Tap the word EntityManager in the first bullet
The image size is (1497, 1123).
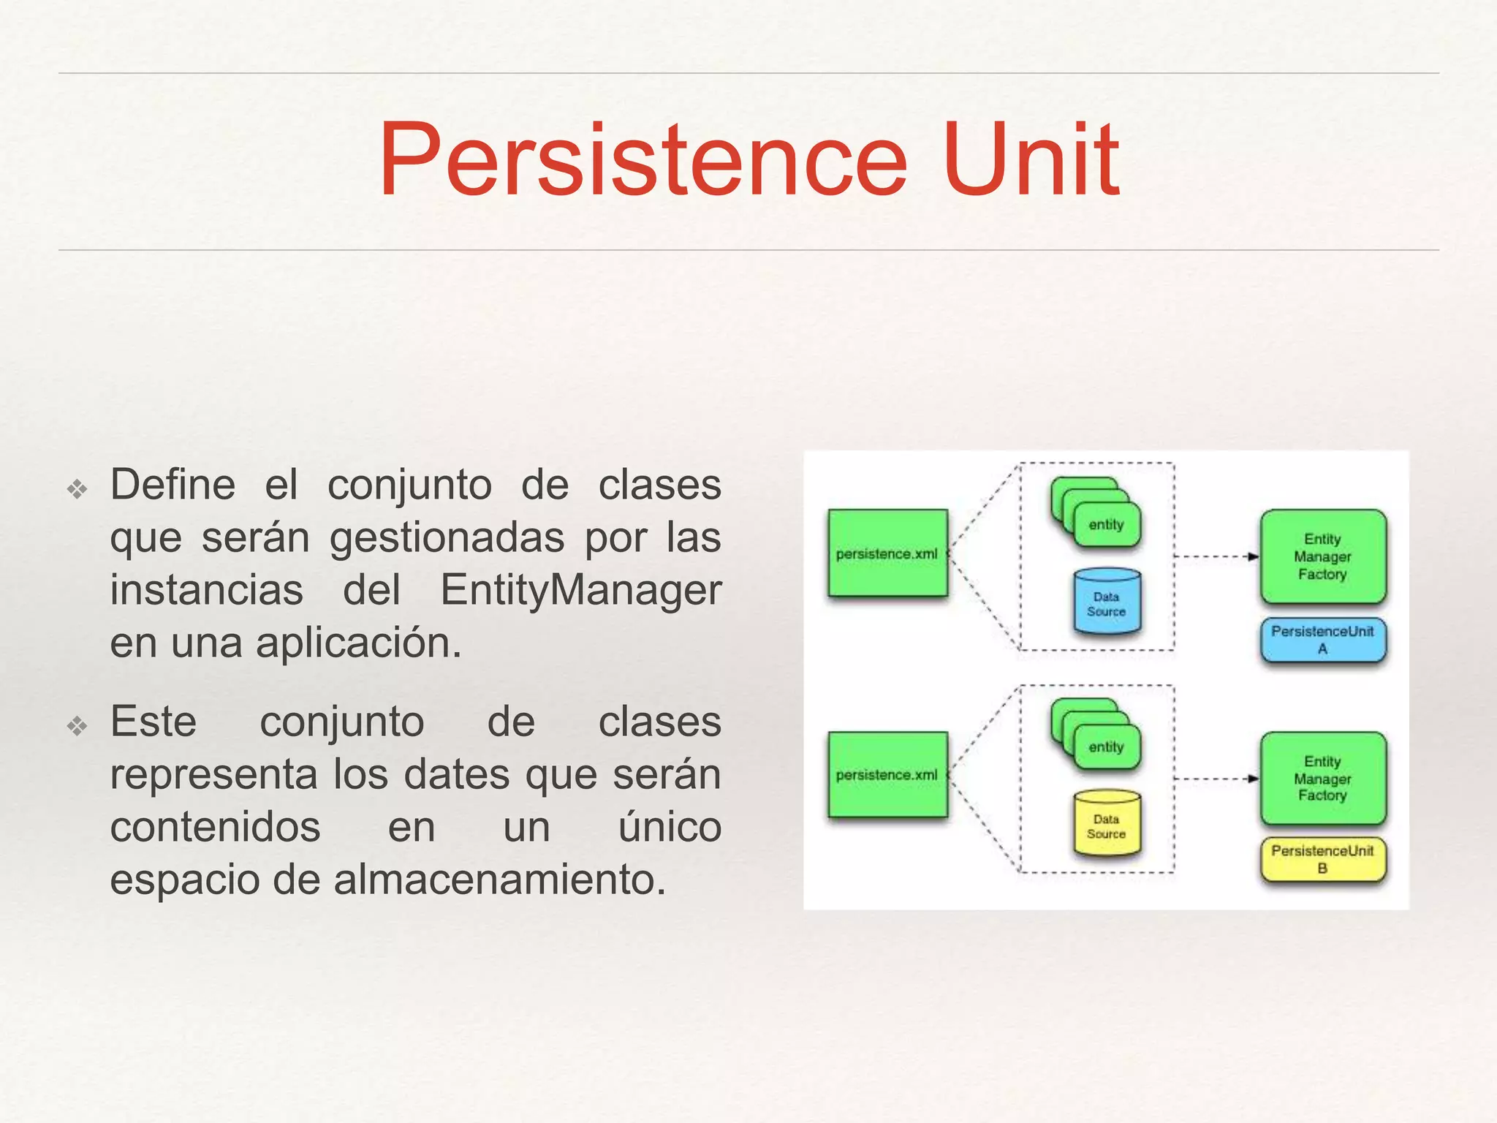pos(581,590)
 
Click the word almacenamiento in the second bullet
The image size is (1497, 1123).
pos(499,880)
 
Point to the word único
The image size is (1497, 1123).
pos(670,827)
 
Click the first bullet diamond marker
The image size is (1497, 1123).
pos(77,488)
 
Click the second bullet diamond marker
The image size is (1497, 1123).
pos(77,725)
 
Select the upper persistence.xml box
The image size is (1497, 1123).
pos(887,553)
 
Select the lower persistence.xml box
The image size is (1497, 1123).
pos(887,775)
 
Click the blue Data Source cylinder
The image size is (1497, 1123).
pos(1107,602)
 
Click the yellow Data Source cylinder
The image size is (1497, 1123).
pos(1107,825)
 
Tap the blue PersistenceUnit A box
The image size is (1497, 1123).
pos(1322,640)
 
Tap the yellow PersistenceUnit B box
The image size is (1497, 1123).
pos(1322,860)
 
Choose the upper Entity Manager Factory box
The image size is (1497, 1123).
pos(1322,556)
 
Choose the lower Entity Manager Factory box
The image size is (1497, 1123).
pos(1322,779)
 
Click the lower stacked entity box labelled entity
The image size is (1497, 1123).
pos(1107,747)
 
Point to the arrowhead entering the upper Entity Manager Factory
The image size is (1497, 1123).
pos(1254,556)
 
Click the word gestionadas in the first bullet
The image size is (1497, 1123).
pos(447,538)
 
